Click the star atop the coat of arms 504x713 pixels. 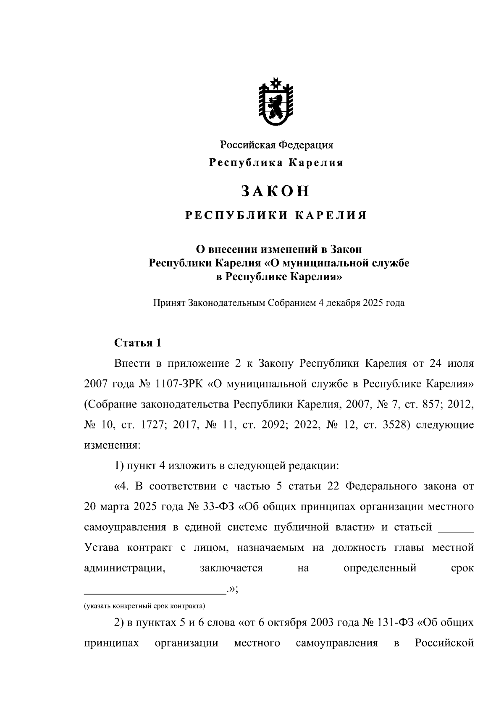276,82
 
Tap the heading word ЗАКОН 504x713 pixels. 276,191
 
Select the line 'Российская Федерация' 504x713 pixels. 277,145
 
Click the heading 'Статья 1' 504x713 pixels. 138,343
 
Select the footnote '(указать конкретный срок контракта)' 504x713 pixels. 144,606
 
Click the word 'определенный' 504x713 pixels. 380,568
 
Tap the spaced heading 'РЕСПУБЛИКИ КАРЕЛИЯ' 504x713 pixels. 276,216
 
